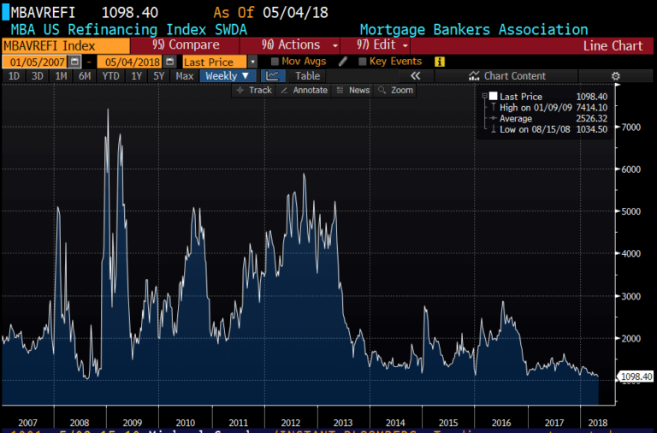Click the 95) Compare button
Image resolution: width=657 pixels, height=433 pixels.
tap(186, 45)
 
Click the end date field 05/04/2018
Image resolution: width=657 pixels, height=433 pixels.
tap(129, 62)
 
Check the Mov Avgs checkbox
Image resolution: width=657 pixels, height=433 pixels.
tap(275, 62)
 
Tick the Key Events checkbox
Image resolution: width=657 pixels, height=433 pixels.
tap(363, 62)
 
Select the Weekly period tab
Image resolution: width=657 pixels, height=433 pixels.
tap(226, 76)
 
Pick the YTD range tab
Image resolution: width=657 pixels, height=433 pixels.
tap(110, 76)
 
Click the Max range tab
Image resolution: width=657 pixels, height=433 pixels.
tap(185, 76)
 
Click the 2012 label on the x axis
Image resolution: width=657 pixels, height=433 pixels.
tap(290, 422)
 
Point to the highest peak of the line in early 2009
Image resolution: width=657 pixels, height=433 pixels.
tap(108, 110)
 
